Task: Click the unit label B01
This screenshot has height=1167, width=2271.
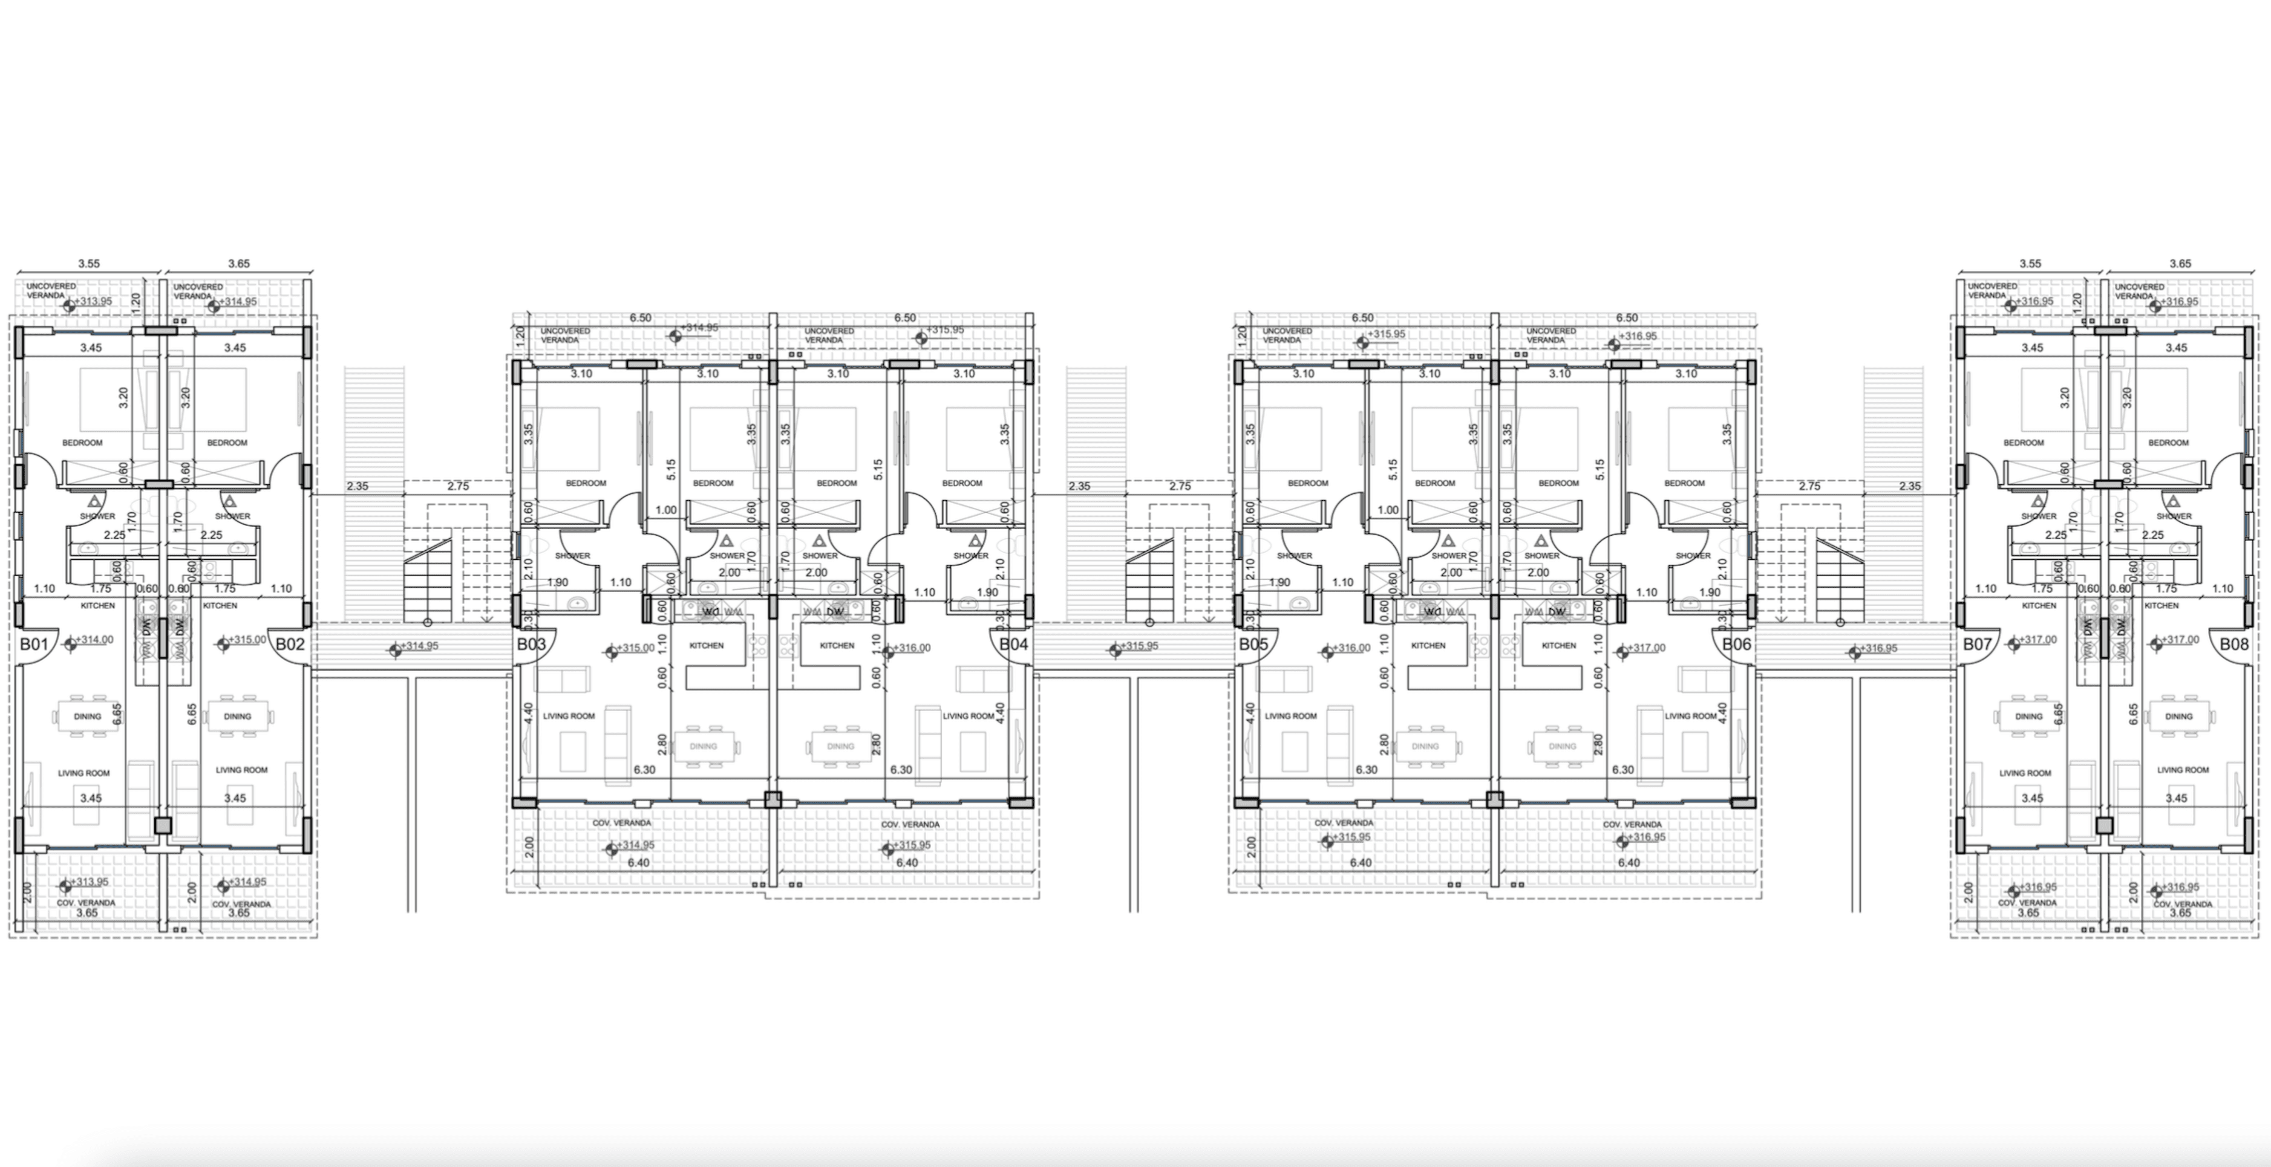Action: [33, 645]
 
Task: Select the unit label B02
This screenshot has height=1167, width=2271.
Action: [289, 645]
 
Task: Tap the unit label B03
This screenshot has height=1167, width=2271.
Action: [531, 645]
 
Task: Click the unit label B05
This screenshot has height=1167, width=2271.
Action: [1253, 645]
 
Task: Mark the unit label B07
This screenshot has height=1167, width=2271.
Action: [1976, 645]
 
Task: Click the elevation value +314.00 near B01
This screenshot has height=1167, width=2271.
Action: [94, 640]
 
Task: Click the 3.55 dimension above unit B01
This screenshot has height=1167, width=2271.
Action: [89, 264]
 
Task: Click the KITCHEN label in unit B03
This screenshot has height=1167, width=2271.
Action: [706, 645]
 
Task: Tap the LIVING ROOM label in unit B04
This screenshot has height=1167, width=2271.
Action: [968, 717]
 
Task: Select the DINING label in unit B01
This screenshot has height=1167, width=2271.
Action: [87, 717]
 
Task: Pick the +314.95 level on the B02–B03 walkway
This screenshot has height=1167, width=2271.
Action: [420, 646]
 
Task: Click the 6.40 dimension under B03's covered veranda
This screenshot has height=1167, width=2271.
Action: [638, 863]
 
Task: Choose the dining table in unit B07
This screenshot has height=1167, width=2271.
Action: [2028, 717]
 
